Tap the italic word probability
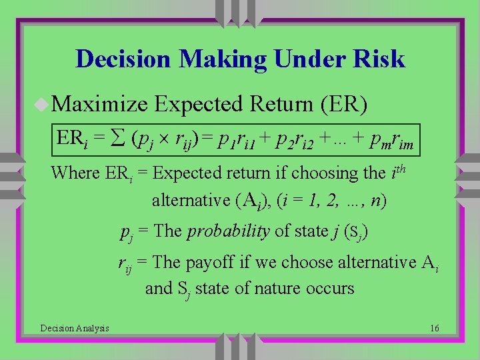point(229,231)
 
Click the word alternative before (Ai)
point(190,200)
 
